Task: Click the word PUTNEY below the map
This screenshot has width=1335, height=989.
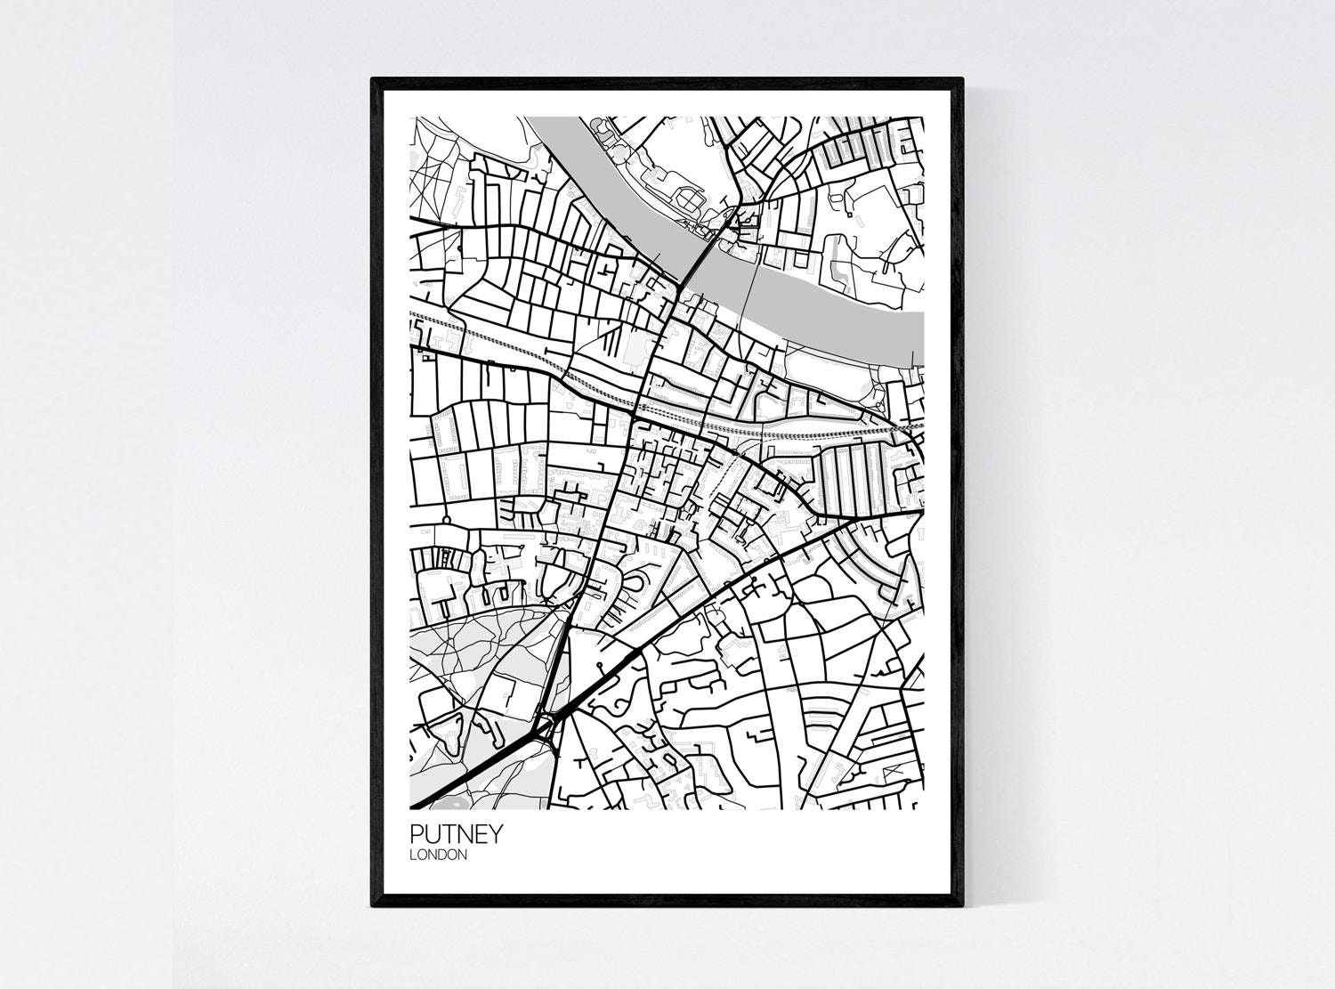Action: pyautogui.click(x=457, y=835)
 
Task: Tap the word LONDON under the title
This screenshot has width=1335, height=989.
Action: pyautogui.click(x=438, y=855)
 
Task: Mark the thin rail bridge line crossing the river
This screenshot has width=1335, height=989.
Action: pyautogui.click(x=758, y=294)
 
